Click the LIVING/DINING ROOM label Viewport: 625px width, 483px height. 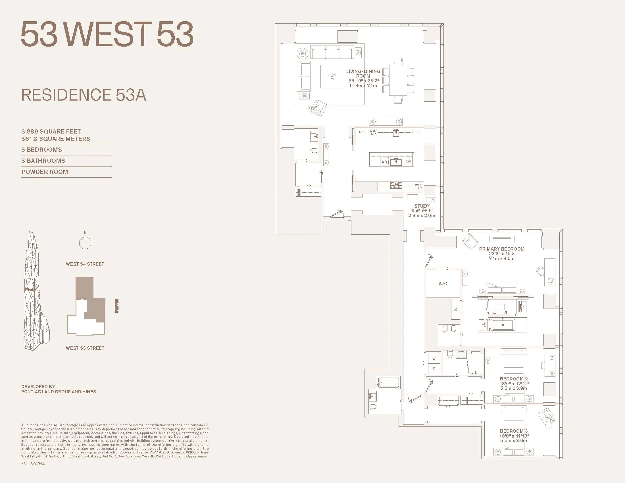point(363,74)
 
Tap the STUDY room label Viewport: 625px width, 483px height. point(422,206)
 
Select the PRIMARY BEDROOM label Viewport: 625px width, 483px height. point(502,249)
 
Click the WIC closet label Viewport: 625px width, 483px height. point(443,284)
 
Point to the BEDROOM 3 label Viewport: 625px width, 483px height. point(514,431)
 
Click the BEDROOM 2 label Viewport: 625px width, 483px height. point(514,378)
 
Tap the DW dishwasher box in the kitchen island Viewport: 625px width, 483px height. point(408,162)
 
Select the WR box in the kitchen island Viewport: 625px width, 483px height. point(384,162)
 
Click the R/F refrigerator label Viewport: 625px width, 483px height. point(362,132)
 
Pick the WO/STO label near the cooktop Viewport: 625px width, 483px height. point(418,187)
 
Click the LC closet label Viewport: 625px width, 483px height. point(455,309)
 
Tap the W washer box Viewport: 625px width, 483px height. point(434,359)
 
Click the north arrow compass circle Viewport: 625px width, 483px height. point(85,243)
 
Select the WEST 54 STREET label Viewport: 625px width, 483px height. point(85,264)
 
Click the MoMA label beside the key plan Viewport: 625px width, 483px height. point(116,306)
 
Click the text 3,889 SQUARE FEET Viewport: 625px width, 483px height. point(51,131)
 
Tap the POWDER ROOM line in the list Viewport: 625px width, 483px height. point(45,172)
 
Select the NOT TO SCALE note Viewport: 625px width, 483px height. point(33,463)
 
